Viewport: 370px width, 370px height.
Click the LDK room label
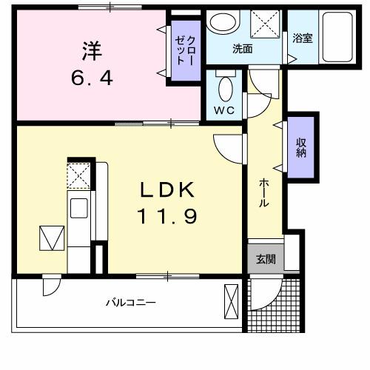coord(168,191)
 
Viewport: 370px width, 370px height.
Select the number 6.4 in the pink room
coord(92,77)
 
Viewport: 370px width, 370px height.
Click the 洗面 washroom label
coord(242,50)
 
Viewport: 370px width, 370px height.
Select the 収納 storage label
coord(302,148)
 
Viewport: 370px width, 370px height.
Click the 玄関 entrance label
coord(266,259)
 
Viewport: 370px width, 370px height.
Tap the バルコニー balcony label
coord(129,302)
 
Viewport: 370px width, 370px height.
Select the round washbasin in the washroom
coord(220,21)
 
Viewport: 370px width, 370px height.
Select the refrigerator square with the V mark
coord(51,238)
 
